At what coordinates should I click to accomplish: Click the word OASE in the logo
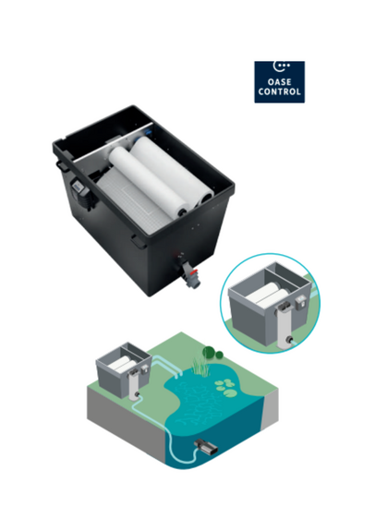coord(280,82)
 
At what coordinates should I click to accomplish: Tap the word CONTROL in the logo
coord(280,91)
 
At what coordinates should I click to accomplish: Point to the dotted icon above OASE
coord(281,66)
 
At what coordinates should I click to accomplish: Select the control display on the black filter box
coord(79,187)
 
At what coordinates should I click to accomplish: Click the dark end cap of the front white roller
coord(183,212)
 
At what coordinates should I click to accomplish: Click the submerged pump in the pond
coord(206,447)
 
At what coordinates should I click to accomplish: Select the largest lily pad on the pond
coord(230,393)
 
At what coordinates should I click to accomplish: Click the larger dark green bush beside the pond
coord(209,352)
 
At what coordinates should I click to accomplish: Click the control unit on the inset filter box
coord(300,301)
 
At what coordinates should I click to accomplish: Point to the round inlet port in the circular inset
coord(289,339)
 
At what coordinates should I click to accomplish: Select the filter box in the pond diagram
coord(123,369)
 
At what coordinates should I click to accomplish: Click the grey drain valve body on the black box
coord(190,273)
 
